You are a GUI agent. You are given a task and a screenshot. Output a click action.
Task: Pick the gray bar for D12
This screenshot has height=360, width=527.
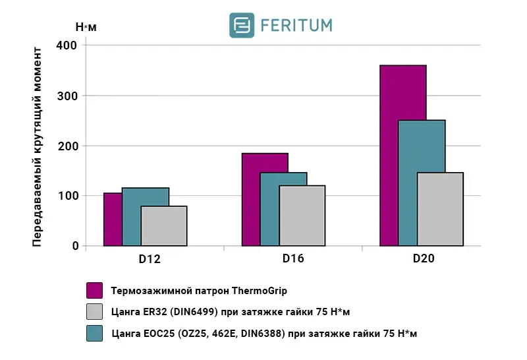[x=164, y=225]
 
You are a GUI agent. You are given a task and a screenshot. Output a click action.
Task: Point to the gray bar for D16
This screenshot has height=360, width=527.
[x=302, y=216]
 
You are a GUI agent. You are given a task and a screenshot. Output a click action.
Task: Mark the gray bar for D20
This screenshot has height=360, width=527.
[x=440, y=209]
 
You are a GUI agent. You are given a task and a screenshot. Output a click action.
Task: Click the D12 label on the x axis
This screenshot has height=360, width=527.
[x=150, y=259]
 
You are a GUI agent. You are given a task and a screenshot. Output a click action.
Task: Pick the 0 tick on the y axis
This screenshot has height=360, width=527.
[x=74, y=246]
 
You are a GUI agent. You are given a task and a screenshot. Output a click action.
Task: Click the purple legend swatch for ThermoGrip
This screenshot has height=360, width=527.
[x=95, y=291]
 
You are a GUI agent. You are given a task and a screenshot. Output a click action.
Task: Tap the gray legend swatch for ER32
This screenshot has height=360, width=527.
[x=95, y=312]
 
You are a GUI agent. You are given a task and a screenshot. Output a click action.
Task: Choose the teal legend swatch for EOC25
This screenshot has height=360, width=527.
[x=95, y=334]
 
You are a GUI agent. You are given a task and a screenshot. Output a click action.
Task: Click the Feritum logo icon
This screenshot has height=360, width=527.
[x=242, y=25]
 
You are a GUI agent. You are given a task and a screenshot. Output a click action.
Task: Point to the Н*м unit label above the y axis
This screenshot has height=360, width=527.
[x=85, y=27]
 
